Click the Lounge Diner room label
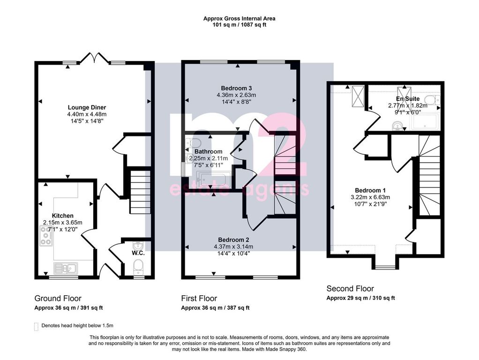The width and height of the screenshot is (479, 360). coord(87,107)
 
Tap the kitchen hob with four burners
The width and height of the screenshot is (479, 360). coord(45,235)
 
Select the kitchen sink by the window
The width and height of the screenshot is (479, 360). coord(66,268)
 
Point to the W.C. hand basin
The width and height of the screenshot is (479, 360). coord(138,245)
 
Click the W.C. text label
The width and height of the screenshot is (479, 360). coord(138,253)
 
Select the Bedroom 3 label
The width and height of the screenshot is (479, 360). coord(236,89)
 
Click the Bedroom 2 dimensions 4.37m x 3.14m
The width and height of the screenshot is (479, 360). coord(233,247)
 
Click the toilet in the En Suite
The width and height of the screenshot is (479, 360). coord(434,100)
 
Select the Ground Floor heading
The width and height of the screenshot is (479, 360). coord(58,298)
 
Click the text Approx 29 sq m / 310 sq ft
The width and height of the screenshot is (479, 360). coord(360,298)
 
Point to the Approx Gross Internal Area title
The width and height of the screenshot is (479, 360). coord(239,18)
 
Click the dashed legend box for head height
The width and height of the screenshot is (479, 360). coord(37,327)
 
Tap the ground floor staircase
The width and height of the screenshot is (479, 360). coord(141,192)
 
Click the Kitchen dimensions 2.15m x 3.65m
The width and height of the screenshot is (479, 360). coord(63,223)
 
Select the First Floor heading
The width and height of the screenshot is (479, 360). coord(199,298)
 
